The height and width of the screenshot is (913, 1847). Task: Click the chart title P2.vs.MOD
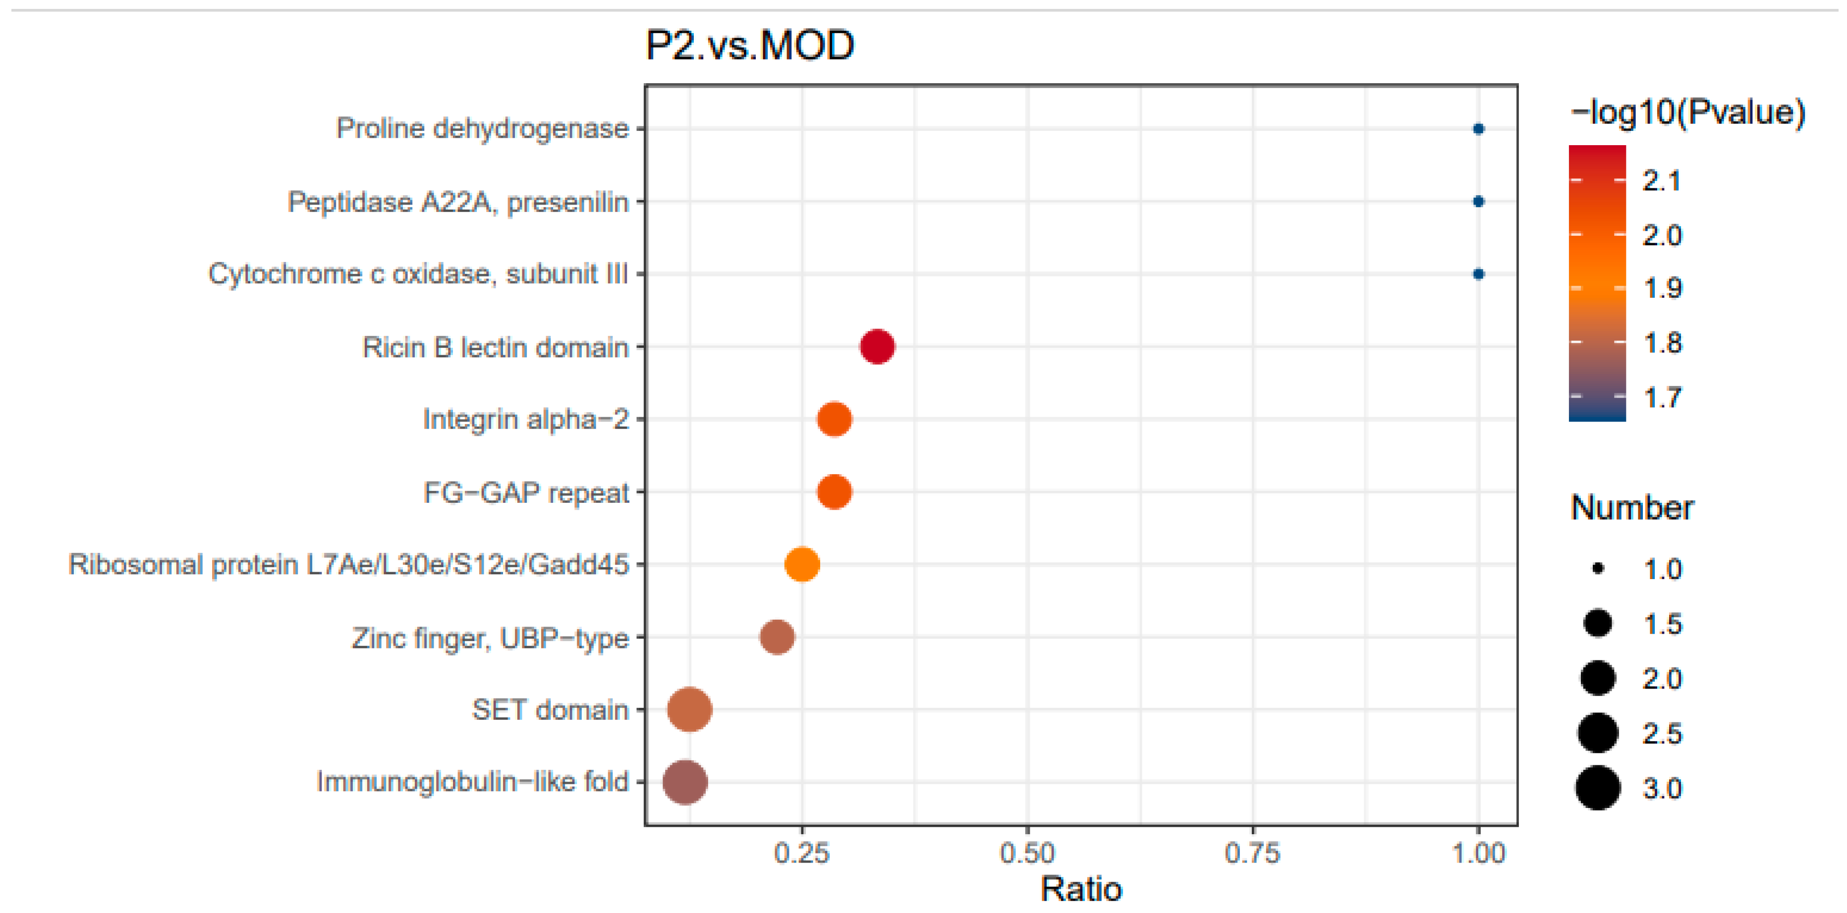coord(749,46)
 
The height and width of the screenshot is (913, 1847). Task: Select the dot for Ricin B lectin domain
coord(877,347)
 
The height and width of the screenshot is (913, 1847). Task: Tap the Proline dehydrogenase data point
coord(1478,129)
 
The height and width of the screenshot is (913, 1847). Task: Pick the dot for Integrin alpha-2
coord(834,419)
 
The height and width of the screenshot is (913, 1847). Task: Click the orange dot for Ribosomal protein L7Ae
coord(802,564)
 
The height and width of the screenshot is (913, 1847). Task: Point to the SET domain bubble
coord(689,709)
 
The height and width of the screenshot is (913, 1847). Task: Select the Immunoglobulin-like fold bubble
coord(685,781)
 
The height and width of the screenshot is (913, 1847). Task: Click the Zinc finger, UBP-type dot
coord(777,637)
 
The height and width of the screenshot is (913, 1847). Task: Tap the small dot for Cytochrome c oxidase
coord(1478,274)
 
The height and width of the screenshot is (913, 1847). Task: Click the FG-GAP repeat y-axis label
coord(526,492)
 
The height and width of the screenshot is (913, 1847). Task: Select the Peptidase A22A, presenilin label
coord(457,202)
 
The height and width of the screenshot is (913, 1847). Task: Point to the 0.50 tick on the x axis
coord(1027,853)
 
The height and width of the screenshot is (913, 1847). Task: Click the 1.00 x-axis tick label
coord(1478,853)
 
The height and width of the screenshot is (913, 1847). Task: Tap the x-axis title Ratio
coord(1080,889)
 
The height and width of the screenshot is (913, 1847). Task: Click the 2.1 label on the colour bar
coord(1661,181)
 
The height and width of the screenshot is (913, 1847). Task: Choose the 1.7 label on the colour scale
coord(1661,397)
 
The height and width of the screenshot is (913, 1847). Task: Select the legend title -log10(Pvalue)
coord(1687,112)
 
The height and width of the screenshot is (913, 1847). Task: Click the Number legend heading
coord(1631,507)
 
